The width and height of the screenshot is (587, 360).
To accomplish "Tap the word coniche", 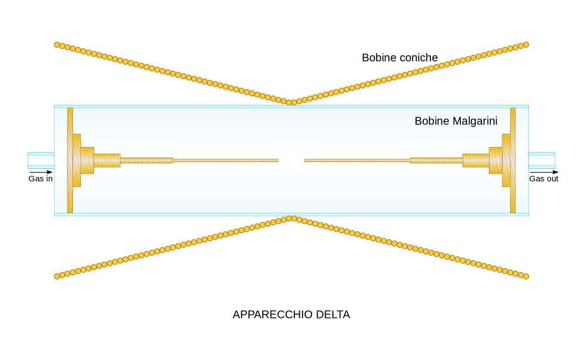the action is pos(418,58).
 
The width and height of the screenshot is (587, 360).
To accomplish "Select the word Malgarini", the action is pos(475,121).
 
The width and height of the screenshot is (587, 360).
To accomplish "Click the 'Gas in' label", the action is pos(40,179).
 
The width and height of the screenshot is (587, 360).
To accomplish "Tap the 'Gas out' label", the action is pos(544,179).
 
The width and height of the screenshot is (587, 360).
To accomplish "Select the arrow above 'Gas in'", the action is pos(41,172).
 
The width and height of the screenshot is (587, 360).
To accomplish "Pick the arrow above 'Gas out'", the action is pos(544,172).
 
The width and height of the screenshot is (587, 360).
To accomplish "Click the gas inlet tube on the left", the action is pos(41,160).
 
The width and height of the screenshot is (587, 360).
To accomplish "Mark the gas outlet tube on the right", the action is pos(542,160).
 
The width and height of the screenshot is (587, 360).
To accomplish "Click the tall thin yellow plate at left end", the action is pos(70,160).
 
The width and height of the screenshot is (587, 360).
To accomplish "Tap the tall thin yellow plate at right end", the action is pos(513,160).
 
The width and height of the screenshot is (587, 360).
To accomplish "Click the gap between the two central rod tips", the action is pos(292,160).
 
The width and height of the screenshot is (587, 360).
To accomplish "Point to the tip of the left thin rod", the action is pos(278,160).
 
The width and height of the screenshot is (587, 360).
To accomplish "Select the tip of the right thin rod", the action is pos(305,160).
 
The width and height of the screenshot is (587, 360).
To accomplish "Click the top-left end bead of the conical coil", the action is pos(57,45).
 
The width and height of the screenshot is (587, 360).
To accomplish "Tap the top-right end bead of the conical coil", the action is pos(526,45).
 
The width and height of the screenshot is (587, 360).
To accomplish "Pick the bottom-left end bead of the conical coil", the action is pos(57,276).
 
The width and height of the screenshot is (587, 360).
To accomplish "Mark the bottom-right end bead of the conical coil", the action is pos(526,276).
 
